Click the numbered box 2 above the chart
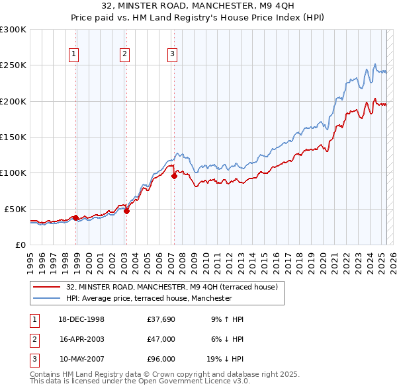coord(124,54)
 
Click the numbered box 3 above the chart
coord(172,54)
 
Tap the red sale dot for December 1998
coord(75,217)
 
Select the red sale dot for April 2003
coord(126,211)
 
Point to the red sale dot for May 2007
coord(174,176)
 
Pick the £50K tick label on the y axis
coord(16,209)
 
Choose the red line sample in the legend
coord(46,287)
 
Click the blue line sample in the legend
coord(46,298)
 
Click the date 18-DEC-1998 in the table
coord(81,319)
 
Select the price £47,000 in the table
coord(161,338)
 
